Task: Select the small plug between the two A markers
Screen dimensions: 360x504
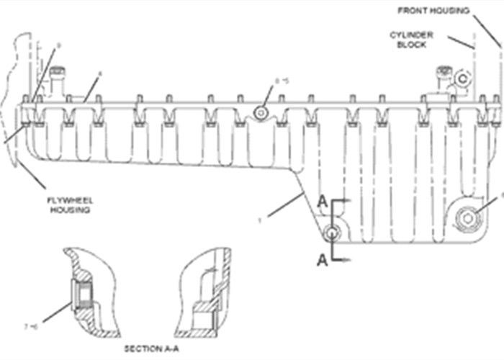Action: click(331, 233)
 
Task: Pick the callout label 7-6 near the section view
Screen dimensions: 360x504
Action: click(31, 326)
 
